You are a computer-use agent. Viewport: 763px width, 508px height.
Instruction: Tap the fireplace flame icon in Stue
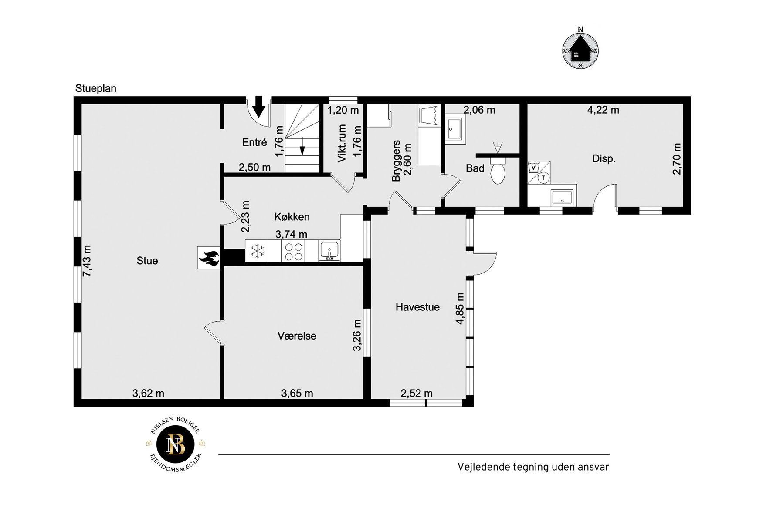(209, 258)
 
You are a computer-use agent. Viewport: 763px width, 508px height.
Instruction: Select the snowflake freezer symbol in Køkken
(257, 251)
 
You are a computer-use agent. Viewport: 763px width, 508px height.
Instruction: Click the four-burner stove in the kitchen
(293, 251)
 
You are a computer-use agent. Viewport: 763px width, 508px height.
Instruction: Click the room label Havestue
(417, 307)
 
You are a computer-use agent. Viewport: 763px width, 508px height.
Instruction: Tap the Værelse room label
(297, 336)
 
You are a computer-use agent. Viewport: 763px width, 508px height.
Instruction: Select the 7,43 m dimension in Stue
(87, 260)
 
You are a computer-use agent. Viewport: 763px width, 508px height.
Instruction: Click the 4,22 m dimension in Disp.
(603, 110)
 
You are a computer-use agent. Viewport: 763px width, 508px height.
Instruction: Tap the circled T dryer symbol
(543, 178)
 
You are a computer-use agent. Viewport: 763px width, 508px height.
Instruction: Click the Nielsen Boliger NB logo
(176, 444)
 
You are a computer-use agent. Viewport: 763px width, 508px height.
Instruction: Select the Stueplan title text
(96, 88)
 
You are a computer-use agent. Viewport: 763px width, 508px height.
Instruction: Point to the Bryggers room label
(396, 161)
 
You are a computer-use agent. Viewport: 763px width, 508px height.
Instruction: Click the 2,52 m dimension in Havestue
(417, 393)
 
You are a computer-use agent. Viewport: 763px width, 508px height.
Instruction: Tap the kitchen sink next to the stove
(329, 251)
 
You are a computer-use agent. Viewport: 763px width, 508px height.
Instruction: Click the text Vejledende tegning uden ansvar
(533, 467)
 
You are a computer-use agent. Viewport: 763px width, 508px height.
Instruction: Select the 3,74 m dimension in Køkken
(291, 234)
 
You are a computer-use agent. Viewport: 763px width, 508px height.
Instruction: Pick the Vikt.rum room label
(342, 143)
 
